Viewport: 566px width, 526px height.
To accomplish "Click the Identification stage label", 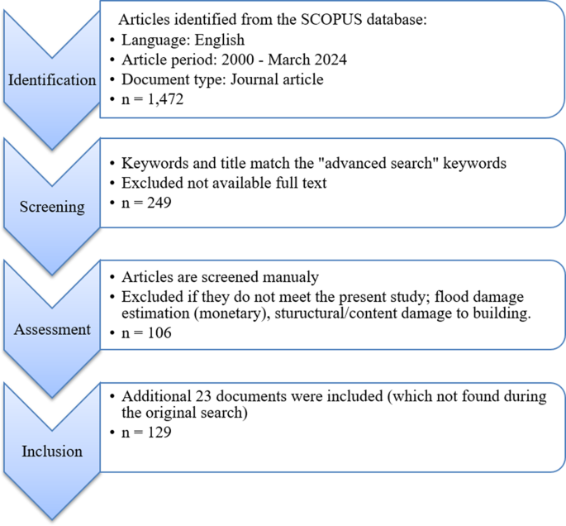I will coord(52,80).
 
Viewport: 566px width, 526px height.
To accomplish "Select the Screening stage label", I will coord(52,207).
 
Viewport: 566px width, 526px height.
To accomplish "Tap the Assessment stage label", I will coord(52,329).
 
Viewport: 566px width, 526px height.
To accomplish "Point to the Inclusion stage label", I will coord(52,452).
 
